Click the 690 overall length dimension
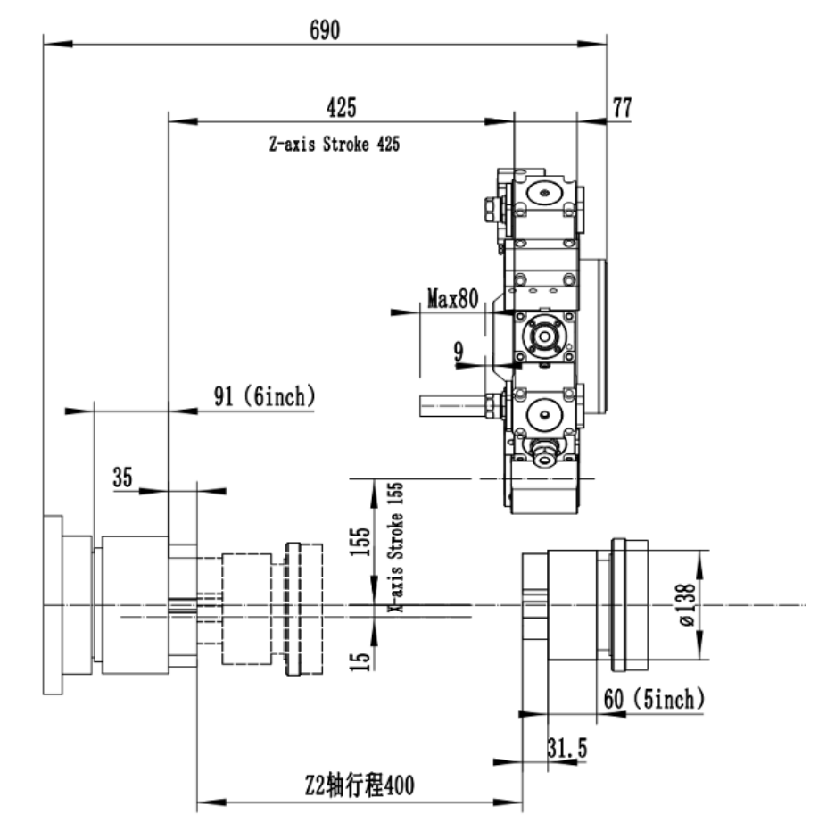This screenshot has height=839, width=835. point(325,30)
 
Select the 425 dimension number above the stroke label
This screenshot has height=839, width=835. point(342,107)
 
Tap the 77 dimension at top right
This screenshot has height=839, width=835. point(622,107)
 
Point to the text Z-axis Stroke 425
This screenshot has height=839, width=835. point(335,144)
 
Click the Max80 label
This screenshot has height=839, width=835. point(452,298)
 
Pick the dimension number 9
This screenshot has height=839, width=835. point(459,352)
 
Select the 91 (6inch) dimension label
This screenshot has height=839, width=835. point(265,396)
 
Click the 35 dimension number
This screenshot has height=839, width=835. point(122,477)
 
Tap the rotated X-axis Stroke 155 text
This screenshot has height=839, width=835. point(396,547)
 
